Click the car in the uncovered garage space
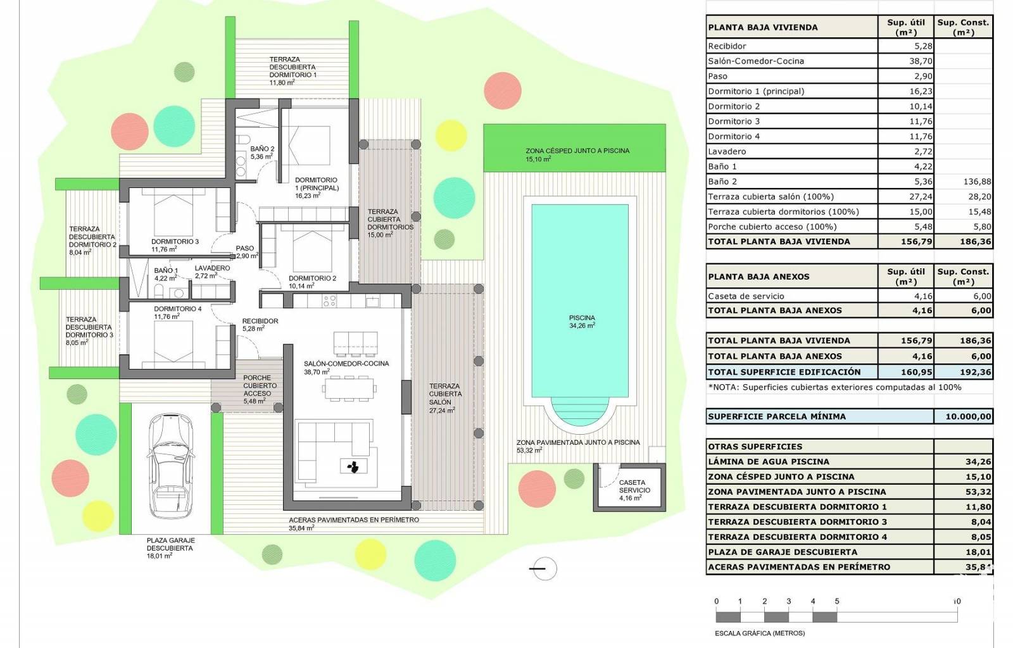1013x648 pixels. click(171, 466)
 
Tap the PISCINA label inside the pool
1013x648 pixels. click(582, 318)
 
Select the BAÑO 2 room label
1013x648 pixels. click(262, 149)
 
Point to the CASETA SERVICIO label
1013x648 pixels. click(634, 486)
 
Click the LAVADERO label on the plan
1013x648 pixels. click(212, 268)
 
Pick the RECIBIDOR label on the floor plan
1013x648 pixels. click(260, 321)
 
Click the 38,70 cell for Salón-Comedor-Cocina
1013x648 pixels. click(921, 61)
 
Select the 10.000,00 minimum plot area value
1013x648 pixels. click(968, 416)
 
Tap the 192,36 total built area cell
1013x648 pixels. click(976, 372)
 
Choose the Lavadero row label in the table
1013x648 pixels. click(727, 151)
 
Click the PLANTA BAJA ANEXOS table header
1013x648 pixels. click(758, 277)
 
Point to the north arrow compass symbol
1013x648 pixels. click(544, 568)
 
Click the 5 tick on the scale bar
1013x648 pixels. click(837, 601)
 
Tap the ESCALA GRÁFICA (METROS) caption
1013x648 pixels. click(760, 633)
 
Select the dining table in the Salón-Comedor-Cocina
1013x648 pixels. click(349, 388)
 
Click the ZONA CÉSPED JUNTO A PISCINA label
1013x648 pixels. click(577, 151)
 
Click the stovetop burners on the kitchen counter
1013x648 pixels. click(330, 301)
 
